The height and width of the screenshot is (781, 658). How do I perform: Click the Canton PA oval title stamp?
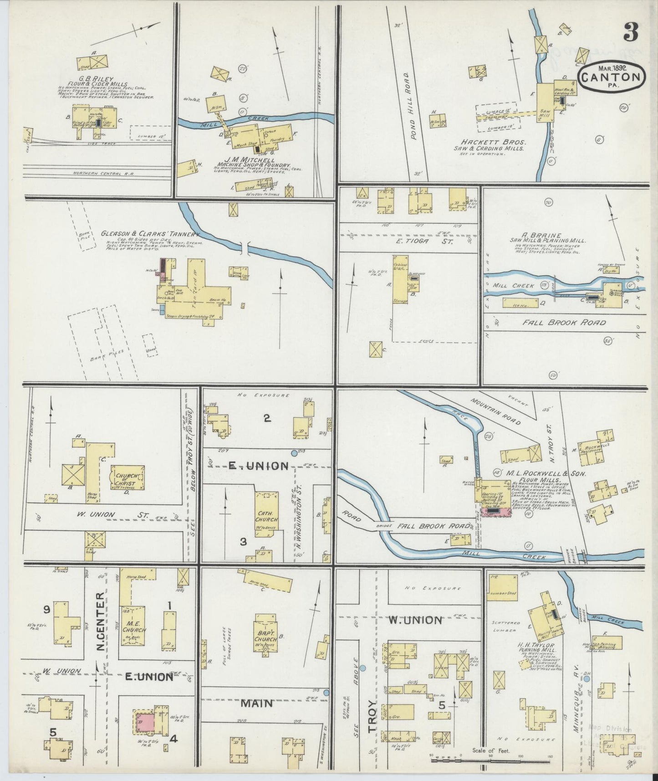[x=612, y=77]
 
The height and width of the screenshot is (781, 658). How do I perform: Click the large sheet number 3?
[x=631, y=31]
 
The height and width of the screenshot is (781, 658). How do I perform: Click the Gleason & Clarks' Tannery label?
[x=150, y=234]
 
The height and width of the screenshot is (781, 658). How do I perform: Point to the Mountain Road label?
[x=496, y=411]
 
